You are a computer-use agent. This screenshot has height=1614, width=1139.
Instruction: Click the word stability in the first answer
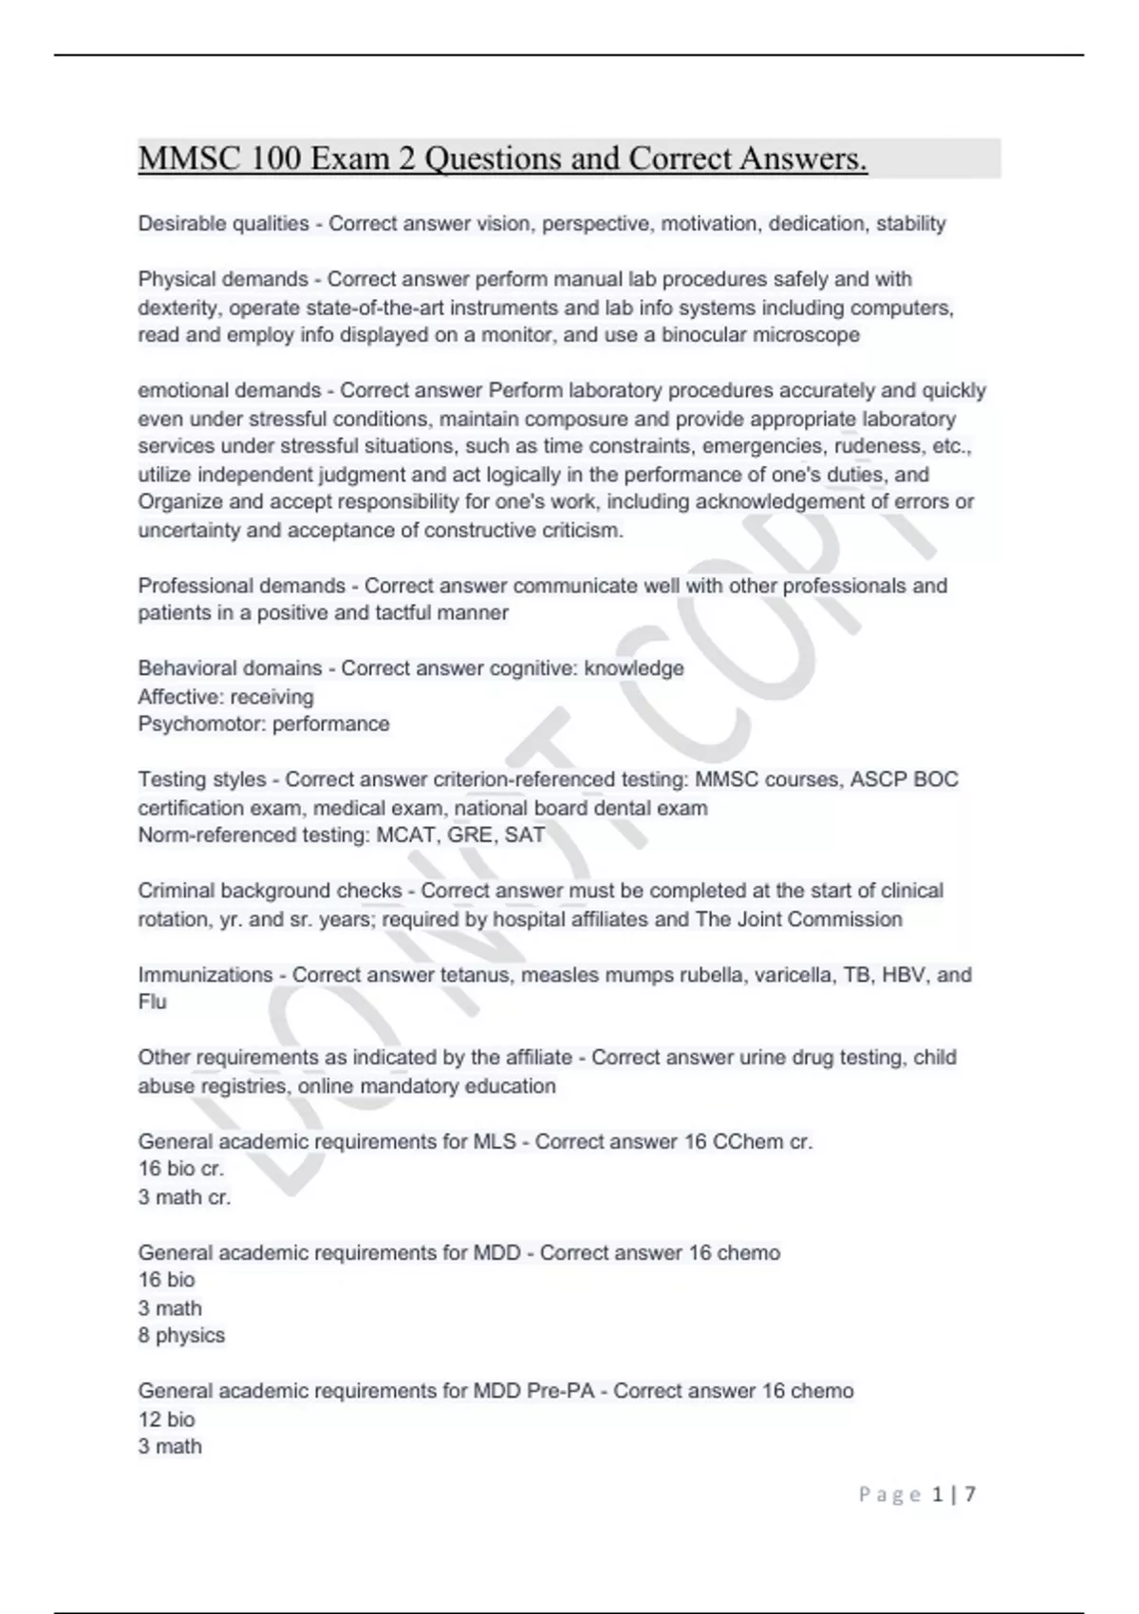pyautogui.click(x=910, y=224)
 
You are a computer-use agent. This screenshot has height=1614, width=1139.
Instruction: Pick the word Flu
pyautogui.click(x=152, y=1003)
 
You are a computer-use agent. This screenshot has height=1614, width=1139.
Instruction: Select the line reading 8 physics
pyautogui.click(x=181, y=1336)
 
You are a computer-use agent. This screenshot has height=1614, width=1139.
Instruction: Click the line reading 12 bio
pyautogui.click(x=166, y=1419)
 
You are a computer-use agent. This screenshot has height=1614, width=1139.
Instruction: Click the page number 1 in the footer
pyautogui.click(x=938, y=1495)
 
